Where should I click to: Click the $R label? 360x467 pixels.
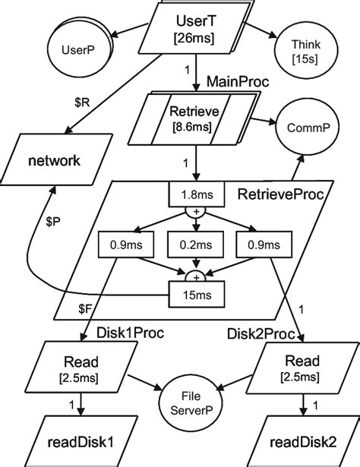(82, 103)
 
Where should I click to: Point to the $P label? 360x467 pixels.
(53, 222)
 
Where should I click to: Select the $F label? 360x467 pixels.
(85, 309)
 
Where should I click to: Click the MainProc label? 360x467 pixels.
(238, 81)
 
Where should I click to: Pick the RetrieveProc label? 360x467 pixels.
(280, 194)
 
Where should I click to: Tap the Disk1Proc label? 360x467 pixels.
(130, 333)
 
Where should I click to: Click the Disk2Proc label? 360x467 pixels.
(261, 334)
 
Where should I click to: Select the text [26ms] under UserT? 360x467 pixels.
(194, 38)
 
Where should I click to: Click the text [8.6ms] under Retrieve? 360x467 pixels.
(192, 127)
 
